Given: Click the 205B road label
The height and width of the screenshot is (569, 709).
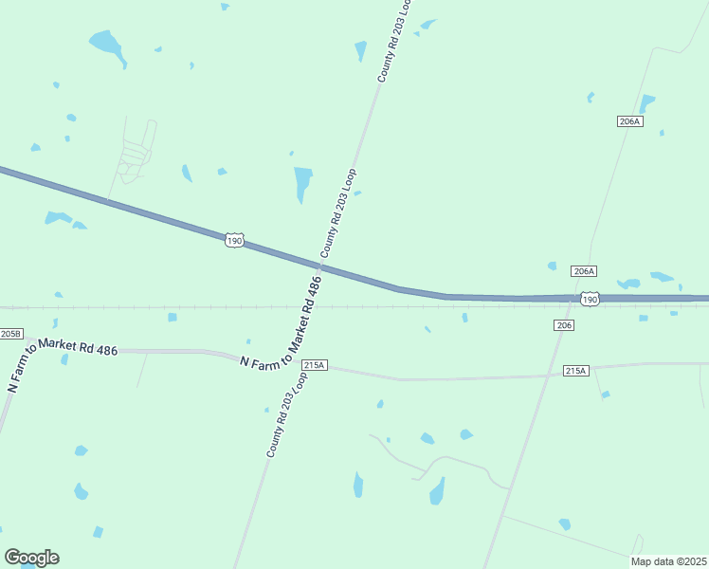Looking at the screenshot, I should tap(10, 334).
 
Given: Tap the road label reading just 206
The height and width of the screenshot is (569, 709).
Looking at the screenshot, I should tap(563, 325).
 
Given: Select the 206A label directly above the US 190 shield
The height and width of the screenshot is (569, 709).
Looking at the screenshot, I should tap(584, 271).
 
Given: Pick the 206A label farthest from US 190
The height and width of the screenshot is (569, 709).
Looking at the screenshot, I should tap(630, 121).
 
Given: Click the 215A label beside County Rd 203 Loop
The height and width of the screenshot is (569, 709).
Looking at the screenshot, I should tap(314, 365).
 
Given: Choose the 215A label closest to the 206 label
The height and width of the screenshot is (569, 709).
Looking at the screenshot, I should tap(575, 370).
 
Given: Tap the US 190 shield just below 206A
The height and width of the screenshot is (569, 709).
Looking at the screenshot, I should tap(590, 300).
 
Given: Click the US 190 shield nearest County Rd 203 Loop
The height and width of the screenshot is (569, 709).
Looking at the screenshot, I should tap(235, 241).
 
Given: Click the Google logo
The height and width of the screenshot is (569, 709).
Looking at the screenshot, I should tap(31, 558).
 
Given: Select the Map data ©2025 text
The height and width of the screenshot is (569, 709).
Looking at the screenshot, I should tap(668, 561).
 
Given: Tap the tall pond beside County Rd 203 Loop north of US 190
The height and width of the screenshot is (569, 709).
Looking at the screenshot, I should tap(303, 183).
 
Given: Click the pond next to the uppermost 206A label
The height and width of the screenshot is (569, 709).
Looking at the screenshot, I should tap(647, 101).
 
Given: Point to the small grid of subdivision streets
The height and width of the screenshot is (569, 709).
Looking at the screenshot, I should tap(135, 152).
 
